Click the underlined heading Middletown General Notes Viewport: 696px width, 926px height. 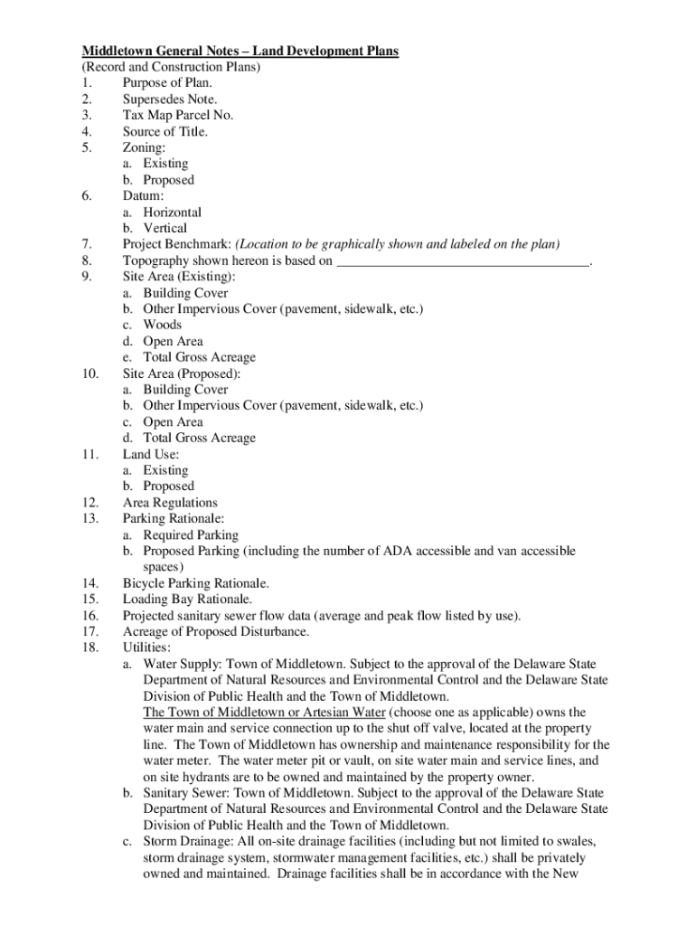pyautogui.click(x=240, y=52)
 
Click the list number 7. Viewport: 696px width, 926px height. pyautogui.click(x=87, y=244)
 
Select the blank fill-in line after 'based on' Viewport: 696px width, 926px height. pyautogui.click(x=462, y=262)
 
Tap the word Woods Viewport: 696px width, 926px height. pyautogui.click(x=162, y=325)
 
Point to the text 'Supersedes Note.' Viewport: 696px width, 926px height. pyautogui.click(x=170, y=99)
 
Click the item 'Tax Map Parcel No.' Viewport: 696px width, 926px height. pyautogui.click(x=178, y=116)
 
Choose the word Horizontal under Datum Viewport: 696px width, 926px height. pyautogui.click(x=172, y=213)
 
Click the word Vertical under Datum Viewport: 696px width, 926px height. pyautogui.click(x=165, y=229)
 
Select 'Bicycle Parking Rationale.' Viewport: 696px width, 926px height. pyautogui.click(x=196, y=583)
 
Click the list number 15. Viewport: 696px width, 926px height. pyautogui.click(x=89, y=600)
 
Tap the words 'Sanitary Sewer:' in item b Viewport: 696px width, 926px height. pyautogui.click(x=185, y=793)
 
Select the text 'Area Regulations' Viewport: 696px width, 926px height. pyautogui.click(x=170, y=503)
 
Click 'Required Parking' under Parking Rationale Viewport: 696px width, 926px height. pyautogui.click(x=191, y=535)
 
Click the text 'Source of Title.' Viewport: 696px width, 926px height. pyautogui.click(x=165, y=132)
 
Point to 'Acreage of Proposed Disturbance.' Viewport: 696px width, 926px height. pyautogui.click(x=216, y=632)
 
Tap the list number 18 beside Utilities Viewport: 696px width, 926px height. pyautogui.click(x=89, y=648)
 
